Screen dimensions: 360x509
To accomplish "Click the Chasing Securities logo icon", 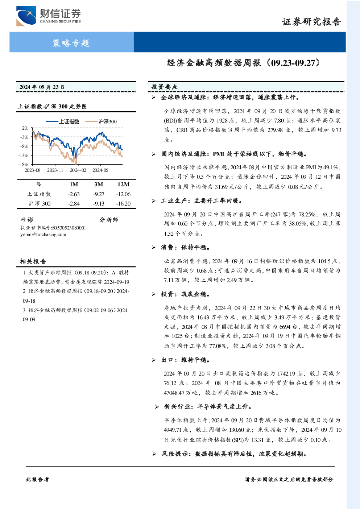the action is click(26, 16).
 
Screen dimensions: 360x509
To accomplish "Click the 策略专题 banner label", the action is click(71, 43).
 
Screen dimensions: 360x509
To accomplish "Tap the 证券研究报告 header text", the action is click(311, 22).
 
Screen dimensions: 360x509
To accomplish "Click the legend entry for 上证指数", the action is click(63, 121).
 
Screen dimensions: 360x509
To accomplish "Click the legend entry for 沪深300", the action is click(101, 121).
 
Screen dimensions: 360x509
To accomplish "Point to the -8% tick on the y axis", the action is click(24, 146).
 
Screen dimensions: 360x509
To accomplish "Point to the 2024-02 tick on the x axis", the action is click(78, 170).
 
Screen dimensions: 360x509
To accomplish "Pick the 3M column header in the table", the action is click(99, 184).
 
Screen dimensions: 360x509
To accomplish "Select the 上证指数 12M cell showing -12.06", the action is click(123, 194).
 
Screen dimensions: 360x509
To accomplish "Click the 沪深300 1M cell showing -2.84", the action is click(74, 204).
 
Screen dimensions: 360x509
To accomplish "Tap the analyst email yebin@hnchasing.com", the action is click(43, 235).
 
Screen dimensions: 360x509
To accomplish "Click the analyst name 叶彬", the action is click(27, 220).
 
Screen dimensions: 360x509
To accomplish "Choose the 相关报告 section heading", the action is click(33, 261).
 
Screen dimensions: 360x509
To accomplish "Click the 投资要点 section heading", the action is click(164, 87).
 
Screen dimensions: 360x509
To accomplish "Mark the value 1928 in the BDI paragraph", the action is click(222, 120).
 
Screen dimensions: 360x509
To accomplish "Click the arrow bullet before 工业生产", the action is click(154, 201).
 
